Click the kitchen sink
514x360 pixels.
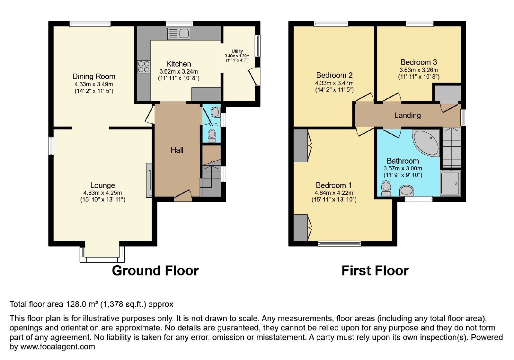tap(179, 34)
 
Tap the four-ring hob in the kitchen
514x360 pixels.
tap(143, 67)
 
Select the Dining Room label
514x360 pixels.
tap(94, 76)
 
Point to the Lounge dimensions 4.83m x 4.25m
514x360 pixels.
tap(102, 193)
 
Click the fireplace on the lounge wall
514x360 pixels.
tap(149, 180)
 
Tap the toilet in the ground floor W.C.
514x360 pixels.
tap(212, 136)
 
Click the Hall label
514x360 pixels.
tap(177, 150)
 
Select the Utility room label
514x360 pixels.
tap(237, 51)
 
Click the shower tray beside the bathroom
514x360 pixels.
tap(450, 183)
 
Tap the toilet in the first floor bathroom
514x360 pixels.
tap(386, 188)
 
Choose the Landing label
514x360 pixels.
tap(408, 115)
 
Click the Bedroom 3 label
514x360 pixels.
tap(419, 62)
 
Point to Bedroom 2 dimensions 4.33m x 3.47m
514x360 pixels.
tap(334, 83)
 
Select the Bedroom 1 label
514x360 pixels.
tap(334, 185)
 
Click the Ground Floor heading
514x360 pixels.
tap(155, 271)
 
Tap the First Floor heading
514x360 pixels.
tap(375, 271)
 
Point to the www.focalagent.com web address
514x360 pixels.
tap(58, 346)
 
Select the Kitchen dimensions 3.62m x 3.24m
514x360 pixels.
tap(179, 72)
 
